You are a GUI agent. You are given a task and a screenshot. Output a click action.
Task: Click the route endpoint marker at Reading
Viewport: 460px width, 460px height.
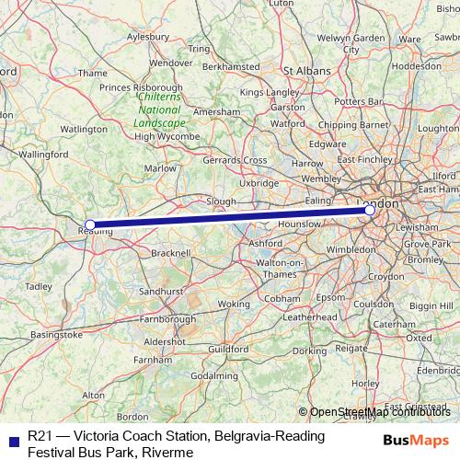pyautogui.click(x=90, y=224)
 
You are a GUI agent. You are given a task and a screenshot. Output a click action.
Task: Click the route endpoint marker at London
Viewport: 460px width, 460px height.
pyautogui.click(x=370, y=211)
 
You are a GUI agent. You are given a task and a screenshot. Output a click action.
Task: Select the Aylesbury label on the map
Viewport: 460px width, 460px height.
pyautogui.click(x=150, y=37)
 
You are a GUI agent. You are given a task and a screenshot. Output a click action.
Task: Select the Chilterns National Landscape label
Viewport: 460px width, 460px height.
pyautogui.click(x=160, y=109)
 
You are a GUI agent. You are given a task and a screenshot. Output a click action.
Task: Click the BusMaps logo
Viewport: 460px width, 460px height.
pyautogui.click(x=416, y=439)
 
